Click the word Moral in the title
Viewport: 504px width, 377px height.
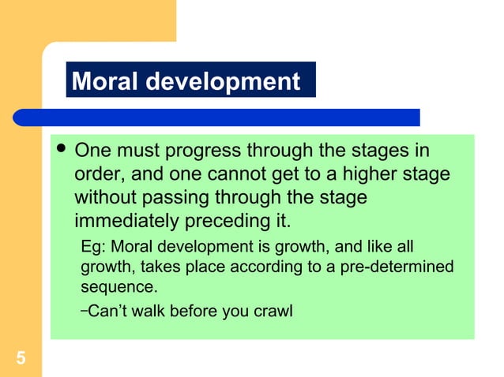(102, 81)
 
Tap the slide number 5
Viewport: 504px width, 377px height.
(21, 360)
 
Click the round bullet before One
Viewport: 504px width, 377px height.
(61, 149)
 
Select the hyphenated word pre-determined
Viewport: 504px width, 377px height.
(401, 267)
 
